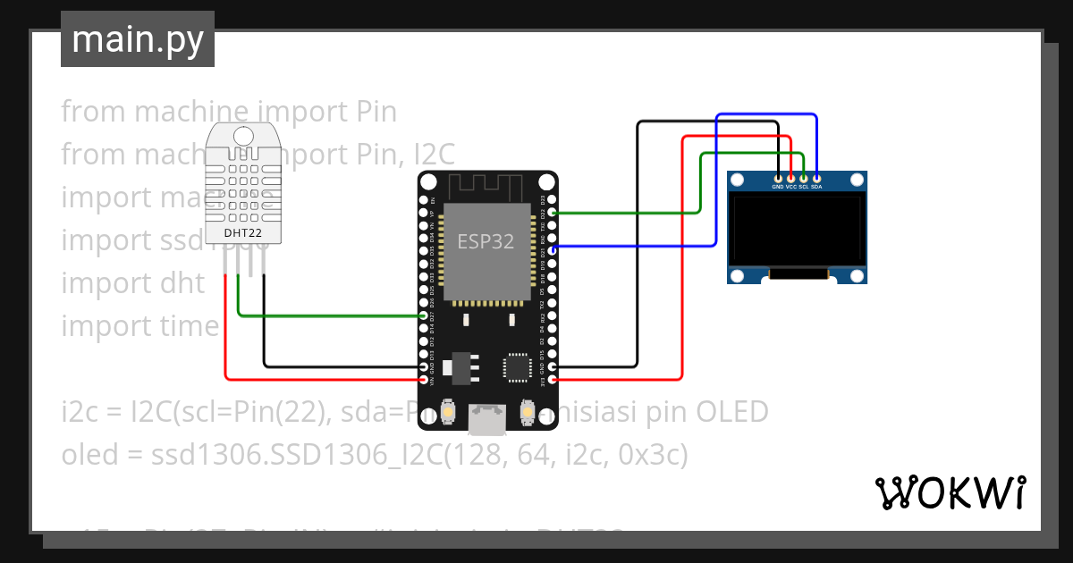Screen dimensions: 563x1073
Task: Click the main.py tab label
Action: click(138, 39)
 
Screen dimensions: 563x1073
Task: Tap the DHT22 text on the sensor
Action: click(243, 233)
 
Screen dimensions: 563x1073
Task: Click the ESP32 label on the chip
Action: click(486, 241)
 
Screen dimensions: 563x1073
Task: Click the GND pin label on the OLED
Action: click(778, 188)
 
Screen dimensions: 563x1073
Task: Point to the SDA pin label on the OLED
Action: click(816, 188)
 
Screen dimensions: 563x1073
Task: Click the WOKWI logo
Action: click(950, 492)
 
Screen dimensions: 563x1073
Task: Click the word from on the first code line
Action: click(92, 112)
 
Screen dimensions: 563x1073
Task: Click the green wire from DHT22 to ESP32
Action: click(331, 315)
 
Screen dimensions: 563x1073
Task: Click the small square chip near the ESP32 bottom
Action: click(518, 367)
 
